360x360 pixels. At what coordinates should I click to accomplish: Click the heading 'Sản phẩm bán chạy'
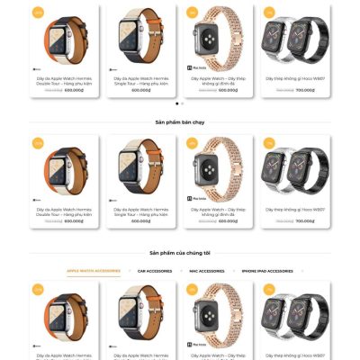(x=180, y=121)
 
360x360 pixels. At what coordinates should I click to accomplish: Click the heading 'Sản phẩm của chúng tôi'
(x=180, y=253)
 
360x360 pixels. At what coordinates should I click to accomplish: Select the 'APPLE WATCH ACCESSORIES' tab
(x=94, y=271)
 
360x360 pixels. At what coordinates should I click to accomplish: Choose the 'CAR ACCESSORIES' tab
(x=153, y=271)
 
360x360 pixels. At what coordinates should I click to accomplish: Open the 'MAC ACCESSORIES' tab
(x=206, y=271)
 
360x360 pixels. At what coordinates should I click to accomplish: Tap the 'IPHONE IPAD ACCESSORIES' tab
(x=267, y=271)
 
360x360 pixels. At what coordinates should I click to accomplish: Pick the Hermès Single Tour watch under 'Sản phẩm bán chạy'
(x=142, y=168)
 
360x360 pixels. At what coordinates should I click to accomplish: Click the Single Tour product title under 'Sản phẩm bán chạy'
(x=142, y=211)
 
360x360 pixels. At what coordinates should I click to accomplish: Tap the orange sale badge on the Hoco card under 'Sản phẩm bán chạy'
(x=267, y=142)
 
